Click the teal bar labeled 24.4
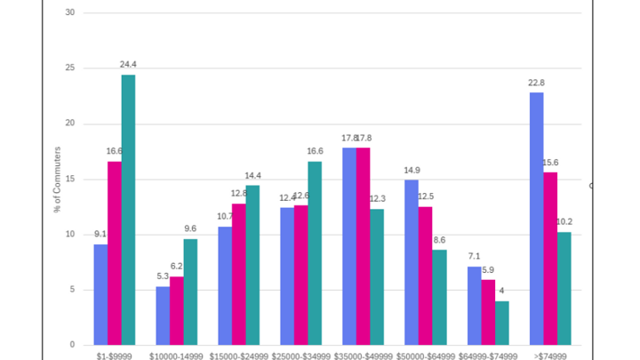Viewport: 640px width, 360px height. pos(128,210)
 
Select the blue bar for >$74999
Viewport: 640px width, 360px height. pos(536,219)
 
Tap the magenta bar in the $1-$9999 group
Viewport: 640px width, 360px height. pos(115,253)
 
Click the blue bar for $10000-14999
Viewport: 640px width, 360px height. pos(163,316)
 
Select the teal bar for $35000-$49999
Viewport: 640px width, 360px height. pos(377,276)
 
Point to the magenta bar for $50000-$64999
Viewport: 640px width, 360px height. pos(425,276)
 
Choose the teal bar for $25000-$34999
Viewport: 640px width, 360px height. pos(315,253)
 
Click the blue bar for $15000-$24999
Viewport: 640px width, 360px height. pos(225,285)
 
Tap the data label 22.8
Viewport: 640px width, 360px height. pos(536,84)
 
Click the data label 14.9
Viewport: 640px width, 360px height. pos(412,171)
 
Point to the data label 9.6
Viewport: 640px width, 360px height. pos(190,228)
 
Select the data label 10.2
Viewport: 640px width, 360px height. pos(564,222)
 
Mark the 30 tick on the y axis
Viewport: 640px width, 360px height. pos(69,12)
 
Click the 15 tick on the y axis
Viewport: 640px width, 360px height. pos(69,179)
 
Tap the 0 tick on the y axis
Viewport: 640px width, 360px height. pos(72,345)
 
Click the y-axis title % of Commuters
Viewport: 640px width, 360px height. pos(58,180)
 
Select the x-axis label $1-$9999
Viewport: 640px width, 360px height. pos(114,356)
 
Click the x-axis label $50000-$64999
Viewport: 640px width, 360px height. pos(425,356)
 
